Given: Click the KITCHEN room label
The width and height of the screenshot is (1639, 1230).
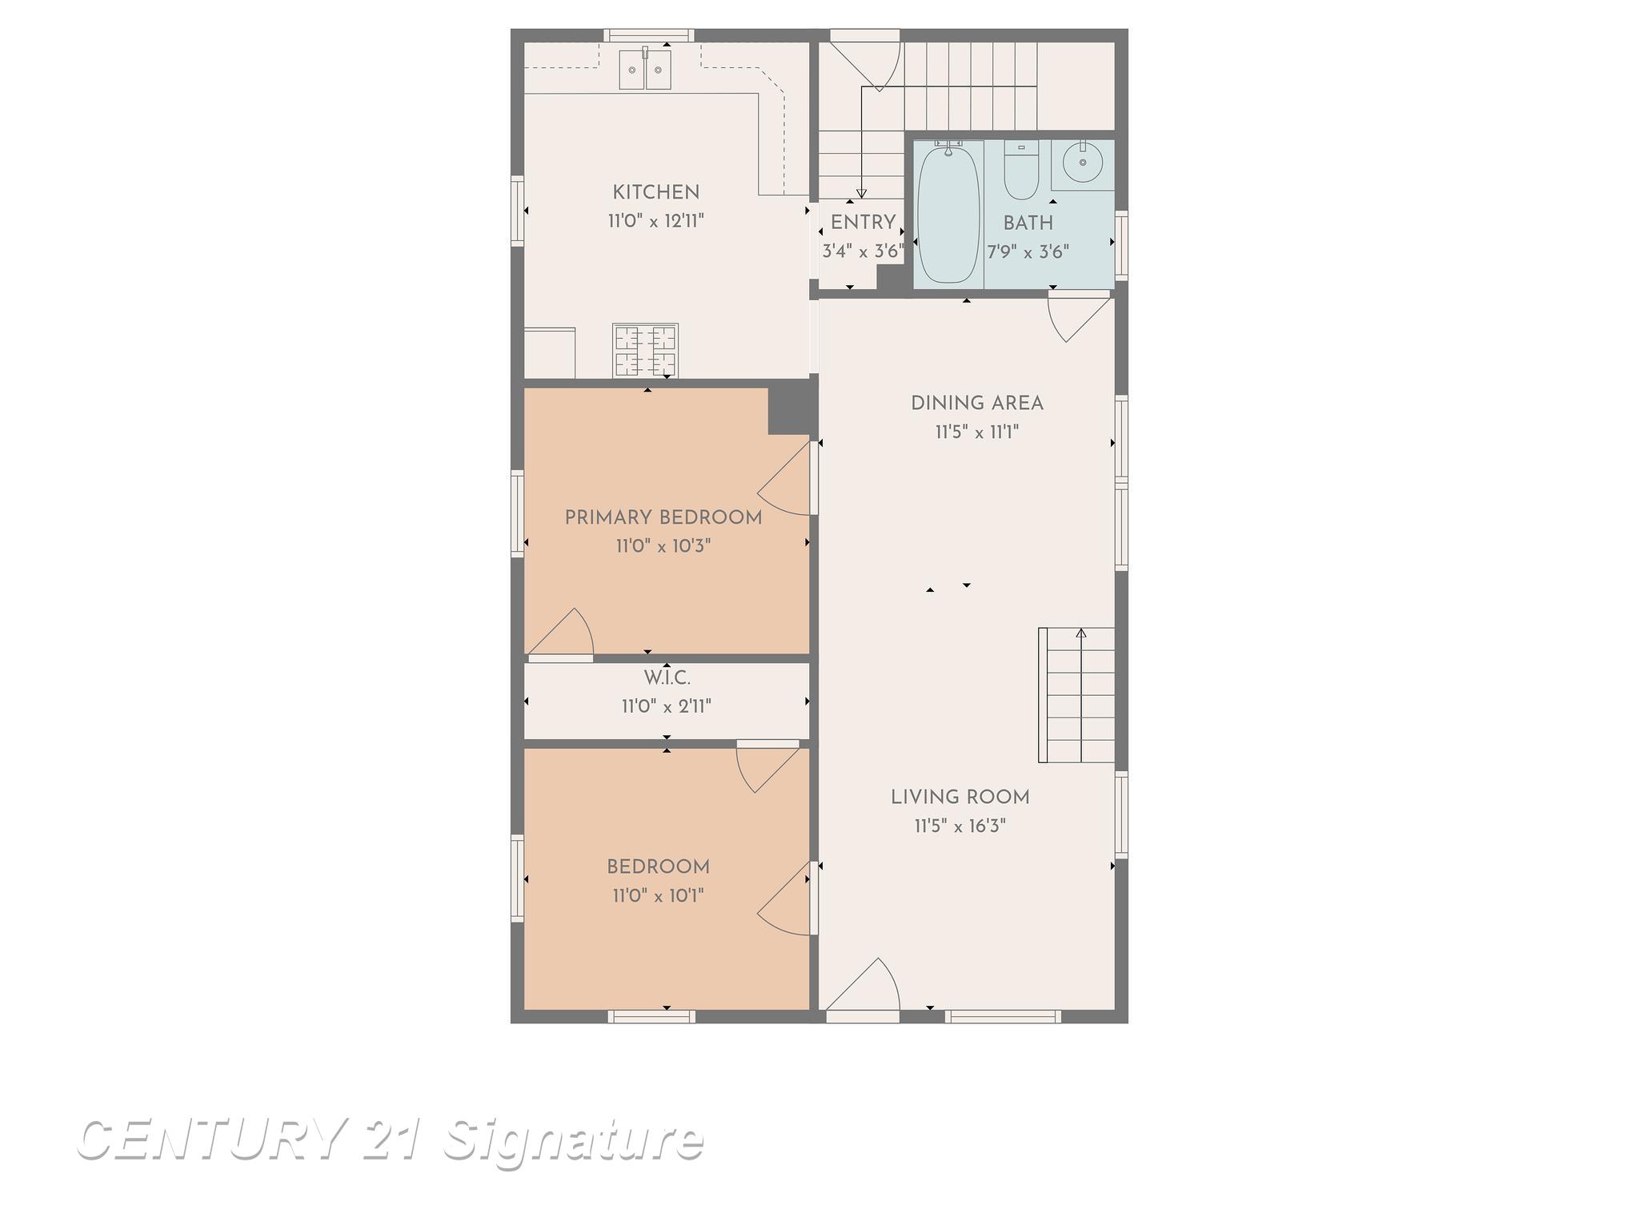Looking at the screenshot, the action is click(x=655, y=192).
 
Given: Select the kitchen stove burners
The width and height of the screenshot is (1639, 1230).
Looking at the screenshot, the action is click(x=645, y=350).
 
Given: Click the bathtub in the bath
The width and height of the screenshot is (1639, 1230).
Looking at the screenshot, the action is click(x=949, y=212).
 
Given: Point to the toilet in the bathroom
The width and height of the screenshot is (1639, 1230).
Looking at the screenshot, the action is click(x=1021, y=170).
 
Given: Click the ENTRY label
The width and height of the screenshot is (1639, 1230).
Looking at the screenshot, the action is click(x=863, y=223).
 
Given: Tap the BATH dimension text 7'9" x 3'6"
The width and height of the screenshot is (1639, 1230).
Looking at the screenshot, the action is click(x=1028, y=252).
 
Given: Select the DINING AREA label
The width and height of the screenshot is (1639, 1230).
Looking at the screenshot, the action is click(x=977, y=404).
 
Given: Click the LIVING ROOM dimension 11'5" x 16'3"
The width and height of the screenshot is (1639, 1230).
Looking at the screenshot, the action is click(x=960, y=826).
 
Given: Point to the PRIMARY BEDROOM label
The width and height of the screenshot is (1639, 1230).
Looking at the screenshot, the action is click(x=663, y=518).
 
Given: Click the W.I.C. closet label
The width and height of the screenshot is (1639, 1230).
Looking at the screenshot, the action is click(x=667, y=678).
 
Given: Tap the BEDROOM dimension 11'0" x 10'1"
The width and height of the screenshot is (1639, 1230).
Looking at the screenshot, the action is click(x=658, y=895).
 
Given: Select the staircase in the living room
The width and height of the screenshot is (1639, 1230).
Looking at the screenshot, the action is click(x=1076, y=695).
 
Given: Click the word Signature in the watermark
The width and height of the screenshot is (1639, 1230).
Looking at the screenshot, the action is click(x=573, y=1143).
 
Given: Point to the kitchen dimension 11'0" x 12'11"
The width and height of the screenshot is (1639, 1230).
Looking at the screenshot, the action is click(x=656, y=221).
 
